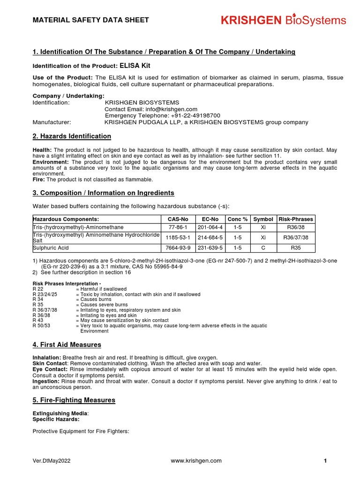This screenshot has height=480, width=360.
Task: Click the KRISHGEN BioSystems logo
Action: point(283,21)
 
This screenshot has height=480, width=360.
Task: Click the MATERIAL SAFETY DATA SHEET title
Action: point(90,20)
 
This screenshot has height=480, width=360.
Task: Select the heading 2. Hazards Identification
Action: point(72,136)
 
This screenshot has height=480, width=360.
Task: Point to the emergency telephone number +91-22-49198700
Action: point(193,116)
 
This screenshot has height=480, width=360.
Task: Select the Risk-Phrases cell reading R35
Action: point(296,247)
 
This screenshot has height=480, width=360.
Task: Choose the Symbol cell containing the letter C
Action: point(263,247)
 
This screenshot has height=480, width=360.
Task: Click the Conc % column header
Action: point(237,219)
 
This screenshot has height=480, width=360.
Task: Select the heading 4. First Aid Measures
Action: point(67,345)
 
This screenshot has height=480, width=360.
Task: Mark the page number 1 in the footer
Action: point(325,461)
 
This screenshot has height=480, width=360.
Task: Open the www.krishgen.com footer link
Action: point(196,461)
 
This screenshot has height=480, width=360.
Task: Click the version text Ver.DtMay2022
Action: point(52,461)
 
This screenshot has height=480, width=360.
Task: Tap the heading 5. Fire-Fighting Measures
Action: point(74,400)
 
